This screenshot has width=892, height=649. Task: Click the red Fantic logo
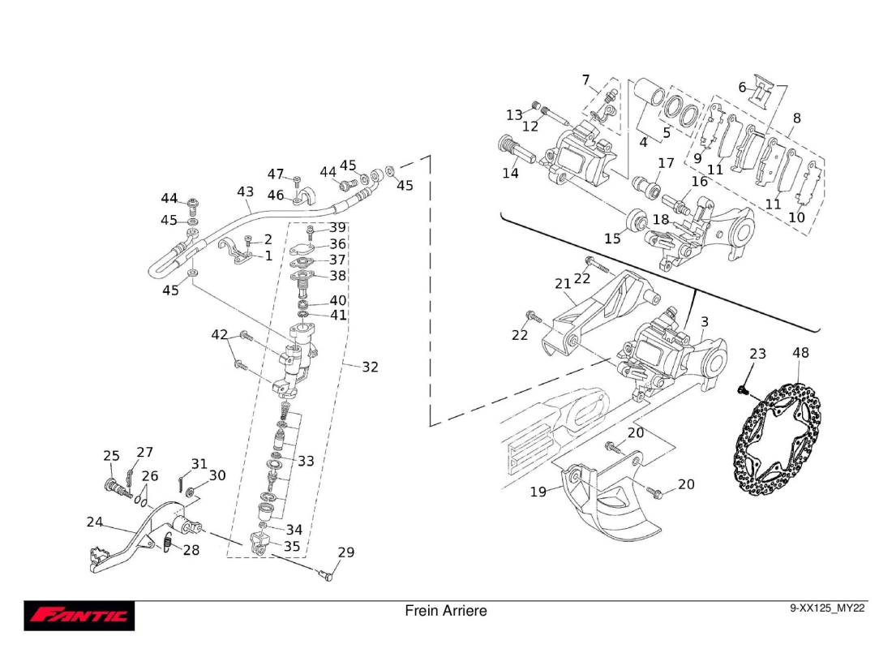click(x=79, y=616)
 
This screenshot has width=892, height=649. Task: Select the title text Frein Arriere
click(x=445, y=611)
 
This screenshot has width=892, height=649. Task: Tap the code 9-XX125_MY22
click(x=826, y=608)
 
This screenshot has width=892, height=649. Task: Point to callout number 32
click(x=370, y=367)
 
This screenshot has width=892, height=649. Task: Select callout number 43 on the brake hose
click(x=245, y=191)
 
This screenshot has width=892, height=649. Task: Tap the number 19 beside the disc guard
click(x=538, y=492)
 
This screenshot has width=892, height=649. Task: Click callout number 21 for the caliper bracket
click(x=563, y=283)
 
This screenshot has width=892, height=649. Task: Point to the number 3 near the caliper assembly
click(x=704, y=322)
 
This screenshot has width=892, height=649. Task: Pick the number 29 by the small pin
click(x=346, y=552)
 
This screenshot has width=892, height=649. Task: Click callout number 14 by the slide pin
click(x=510, y=173)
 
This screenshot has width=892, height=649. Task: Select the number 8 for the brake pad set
click(x=796, y=118)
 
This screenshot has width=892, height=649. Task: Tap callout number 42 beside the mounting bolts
click(x=220, y=335)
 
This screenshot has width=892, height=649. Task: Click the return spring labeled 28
click(x=167, y=544)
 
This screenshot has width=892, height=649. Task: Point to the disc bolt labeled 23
click(x=741, y=390)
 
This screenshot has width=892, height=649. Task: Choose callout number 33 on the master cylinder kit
click(x=306, y=461)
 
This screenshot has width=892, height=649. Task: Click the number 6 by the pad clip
click(x=742, y=87)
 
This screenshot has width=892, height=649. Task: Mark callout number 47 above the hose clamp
click(x=276, y=174)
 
